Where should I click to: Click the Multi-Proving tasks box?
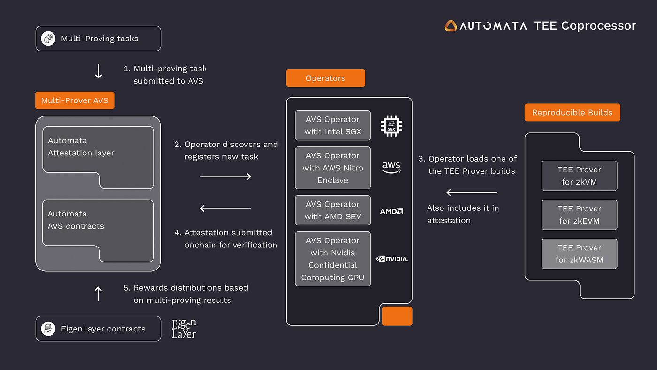pos(99,39)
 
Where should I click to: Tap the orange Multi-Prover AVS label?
pos(75,100)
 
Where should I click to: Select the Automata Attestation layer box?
pos(98,157)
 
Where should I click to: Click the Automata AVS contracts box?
pos(98,230)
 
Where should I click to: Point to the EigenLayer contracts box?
pos(99,329)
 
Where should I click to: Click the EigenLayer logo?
pos(184,329)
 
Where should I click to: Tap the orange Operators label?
pos(325,78)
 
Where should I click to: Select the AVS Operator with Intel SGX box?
pos(333,125)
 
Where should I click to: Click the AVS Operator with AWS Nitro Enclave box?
pos(333,168)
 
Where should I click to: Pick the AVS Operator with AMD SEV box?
pos(333,210)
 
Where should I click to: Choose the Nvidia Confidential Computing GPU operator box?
pos(333,259)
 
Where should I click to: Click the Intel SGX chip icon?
pos(391,125)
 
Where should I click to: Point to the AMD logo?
pos(391,211)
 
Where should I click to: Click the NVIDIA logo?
pos(392,259)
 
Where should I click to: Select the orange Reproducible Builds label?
pos(572,113)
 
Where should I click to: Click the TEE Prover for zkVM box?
pos(579,176)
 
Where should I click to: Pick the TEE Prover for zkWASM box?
pos(579,254)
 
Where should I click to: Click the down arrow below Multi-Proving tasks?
pos(99,71)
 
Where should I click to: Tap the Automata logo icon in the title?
pos(451,26)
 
